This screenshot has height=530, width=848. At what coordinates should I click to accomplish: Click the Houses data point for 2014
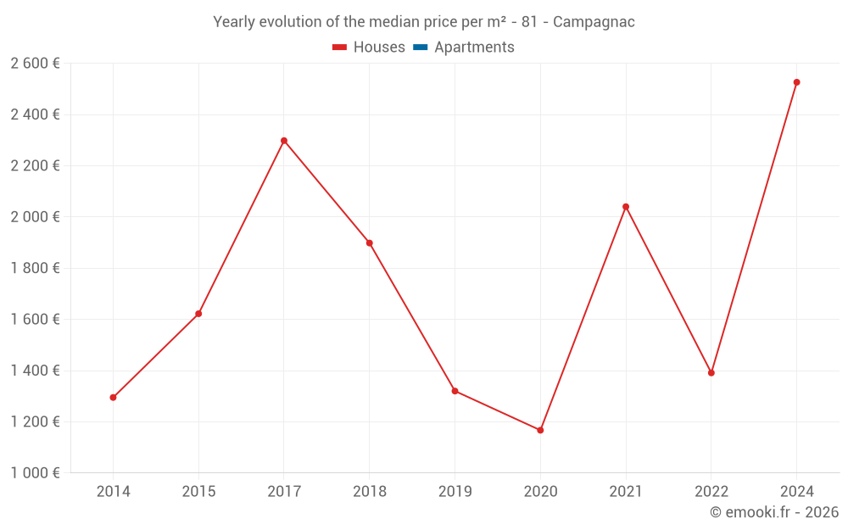tap(113, 397)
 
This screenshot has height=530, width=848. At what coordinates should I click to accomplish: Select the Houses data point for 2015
tap(198, 314)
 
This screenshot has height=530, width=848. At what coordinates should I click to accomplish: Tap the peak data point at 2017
tap(284, 141)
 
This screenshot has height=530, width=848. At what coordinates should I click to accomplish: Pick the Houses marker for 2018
tap(369, 243)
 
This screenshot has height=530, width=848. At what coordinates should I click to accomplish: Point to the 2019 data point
tap(455, 391)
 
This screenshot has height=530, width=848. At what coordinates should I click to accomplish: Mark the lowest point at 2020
tap(540, 430)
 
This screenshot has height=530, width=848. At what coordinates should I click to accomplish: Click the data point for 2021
tap(626, 207)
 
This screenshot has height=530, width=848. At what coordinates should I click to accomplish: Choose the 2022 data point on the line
tap(711, 373)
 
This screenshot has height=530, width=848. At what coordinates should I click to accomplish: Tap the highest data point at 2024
tap(796, 82)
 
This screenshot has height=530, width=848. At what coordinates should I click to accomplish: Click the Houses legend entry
tap(369, 47)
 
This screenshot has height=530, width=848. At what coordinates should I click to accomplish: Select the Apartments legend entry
tap(464, 47)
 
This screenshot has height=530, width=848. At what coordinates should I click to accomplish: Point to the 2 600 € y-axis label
tap(35, 64)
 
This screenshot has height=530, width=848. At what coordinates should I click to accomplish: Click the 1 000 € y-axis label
tap(35, 473)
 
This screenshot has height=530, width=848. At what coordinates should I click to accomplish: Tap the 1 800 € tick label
tap(35, 269)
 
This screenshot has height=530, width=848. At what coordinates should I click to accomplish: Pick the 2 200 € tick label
tap(35, 166)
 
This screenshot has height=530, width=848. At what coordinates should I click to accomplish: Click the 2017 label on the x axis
tap(284, 492)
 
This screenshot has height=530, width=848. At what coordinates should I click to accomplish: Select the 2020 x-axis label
tap(540, 492)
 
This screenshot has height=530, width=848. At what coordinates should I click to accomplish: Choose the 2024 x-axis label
tap(796, 492)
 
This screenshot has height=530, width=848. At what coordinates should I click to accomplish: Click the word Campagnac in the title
tap(594, 22)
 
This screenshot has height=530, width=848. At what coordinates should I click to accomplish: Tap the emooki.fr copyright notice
tap(774, 512)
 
